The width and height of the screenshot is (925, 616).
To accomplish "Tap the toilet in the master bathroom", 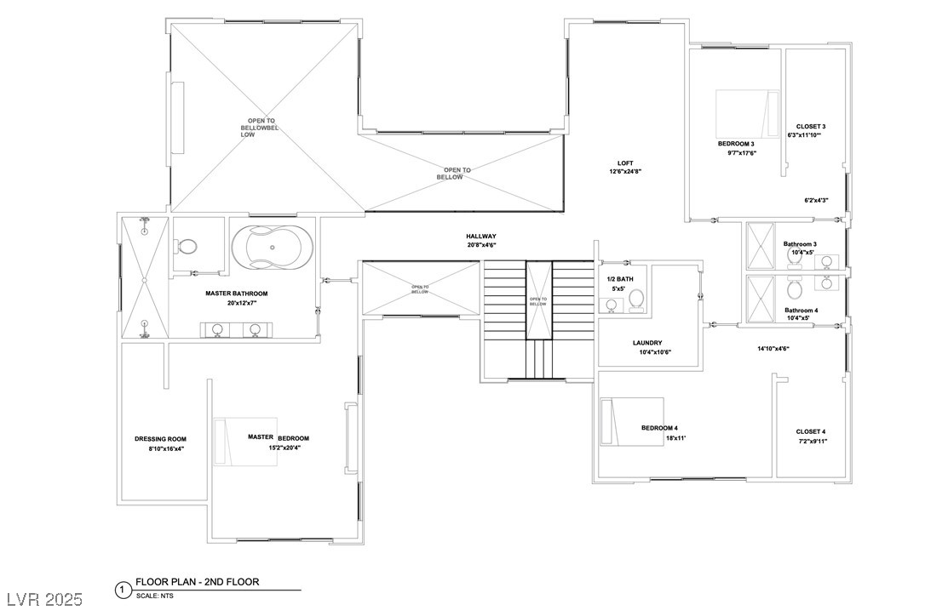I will (x=187, y=247).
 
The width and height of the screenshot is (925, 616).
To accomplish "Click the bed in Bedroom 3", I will (x=747, y=114).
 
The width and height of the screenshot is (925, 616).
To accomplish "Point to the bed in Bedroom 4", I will (x=631, y=421).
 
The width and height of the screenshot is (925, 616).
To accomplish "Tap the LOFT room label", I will (x=626, y=163).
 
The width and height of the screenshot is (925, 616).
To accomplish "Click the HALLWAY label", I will (x=481, y=237).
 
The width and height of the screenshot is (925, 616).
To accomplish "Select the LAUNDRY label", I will (x=647, y=343).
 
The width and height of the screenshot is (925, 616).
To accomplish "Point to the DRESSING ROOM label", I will (x=160, y=439).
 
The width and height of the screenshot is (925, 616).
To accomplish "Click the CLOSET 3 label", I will (x=811, y=126).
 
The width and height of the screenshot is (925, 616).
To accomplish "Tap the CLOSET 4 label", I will (x=811, y=431).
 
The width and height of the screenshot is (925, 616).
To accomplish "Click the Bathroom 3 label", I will (x=800, y=244).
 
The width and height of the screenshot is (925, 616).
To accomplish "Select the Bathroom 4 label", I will (x=801, y=311).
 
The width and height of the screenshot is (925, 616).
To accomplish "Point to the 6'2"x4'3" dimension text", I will (x=816, y=201).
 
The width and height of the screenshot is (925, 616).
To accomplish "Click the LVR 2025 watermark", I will (x=43, y=600).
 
